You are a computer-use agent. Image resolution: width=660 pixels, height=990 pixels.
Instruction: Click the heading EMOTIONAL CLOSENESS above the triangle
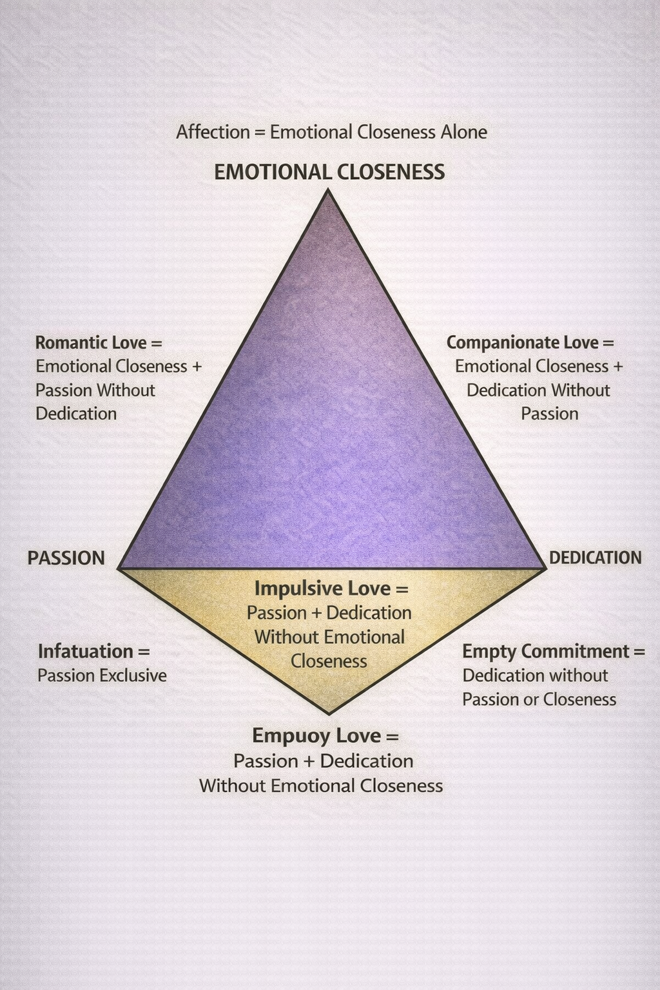tap(329, 172)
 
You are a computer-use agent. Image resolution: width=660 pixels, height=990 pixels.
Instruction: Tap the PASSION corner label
tap(66, 558)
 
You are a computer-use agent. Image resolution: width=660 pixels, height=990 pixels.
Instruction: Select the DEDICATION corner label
tap(595, 558)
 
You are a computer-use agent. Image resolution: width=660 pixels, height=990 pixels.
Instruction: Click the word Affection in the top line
tap(213, 132)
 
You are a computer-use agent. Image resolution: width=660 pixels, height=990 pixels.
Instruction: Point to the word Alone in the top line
tap(463, 132)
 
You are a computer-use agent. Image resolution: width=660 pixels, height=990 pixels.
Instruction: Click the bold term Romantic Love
tap(91, 342)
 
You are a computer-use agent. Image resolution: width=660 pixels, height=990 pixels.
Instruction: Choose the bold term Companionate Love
tap(522, 342)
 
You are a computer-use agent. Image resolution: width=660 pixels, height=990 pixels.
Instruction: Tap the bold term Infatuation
tap(85, 651)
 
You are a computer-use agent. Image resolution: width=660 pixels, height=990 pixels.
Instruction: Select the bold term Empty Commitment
tap(545, 651)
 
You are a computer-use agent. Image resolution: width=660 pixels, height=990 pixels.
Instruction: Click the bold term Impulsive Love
tap(322, 588)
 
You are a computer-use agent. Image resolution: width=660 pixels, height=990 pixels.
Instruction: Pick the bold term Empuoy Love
tap(316, 735)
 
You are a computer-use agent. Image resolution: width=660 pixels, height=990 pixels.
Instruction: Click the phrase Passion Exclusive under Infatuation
tap(102, 675)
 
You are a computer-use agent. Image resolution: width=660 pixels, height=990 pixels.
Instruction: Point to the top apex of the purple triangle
tap(328, 189)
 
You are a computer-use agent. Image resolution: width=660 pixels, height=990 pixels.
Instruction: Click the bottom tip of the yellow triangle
tap(329, 713)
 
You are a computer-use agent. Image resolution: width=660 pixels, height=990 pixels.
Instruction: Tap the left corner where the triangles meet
tap(119, 568)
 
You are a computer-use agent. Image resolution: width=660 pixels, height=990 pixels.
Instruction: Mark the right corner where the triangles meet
tap(545, 568)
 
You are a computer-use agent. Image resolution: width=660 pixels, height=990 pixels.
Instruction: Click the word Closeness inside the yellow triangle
tap(329, 661)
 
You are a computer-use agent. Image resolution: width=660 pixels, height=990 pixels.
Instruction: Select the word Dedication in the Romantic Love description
tap(76, 414)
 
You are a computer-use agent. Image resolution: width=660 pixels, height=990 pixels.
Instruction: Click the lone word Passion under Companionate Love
tap(549, 414)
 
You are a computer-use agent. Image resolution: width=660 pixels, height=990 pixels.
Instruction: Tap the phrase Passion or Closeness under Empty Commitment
tap(539, 699)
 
